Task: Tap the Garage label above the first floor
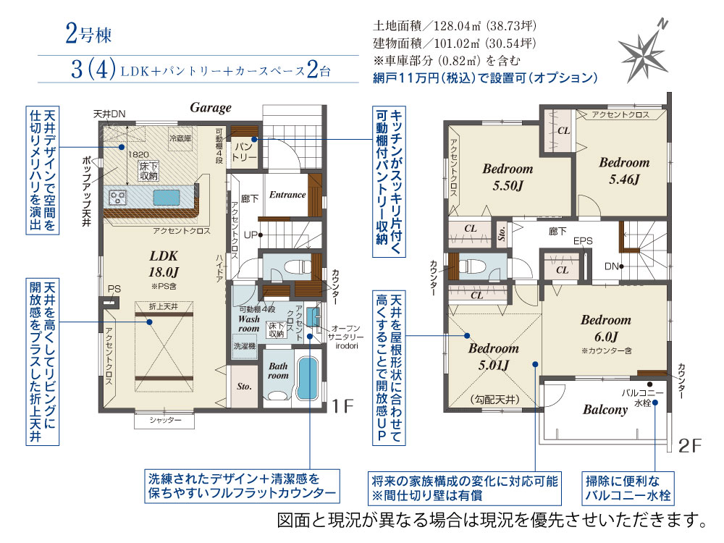[211, 108]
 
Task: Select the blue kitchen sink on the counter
[167, 197]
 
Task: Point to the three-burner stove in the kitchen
[117, 198]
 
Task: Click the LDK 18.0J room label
[164, 264]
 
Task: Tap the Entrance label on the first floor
[287, 195]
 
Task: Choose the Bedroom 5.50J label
[508, 177]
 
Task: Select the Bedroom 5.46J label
[624, 171]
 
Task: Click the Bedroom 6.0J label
[606, 328]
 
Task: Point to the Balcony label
[605, 410]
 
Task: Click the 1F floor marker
[342, 406]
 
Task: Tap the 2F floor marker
[690, 445]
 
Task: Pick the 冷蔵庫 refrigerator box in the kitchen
[180, 138]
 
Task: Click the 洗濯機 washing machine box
[244, 346]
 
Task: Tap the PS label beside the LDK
[114, 289]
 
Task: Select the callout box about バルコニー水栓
[628, 488]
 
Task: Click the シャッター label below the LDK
[165, 420]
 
